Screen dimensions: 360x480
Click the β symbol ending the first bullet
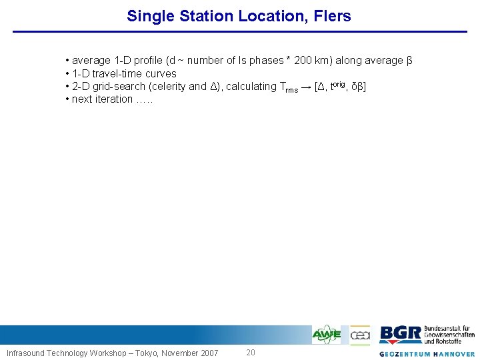(409, 61)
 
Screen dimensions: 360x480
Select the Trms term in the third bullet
(289, 87)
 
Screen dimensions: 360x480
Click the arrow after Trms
(306, 87)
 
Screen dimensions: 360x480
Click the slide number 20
(250, 352)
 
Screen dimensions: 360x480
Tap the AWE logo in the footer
(327, 334)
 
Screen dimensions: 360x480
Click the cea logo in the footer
(360, 334)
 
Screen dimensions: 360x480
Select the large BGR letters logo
(400, 334)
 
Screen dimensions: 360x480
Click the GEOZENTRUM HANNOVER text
(427, 353)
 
